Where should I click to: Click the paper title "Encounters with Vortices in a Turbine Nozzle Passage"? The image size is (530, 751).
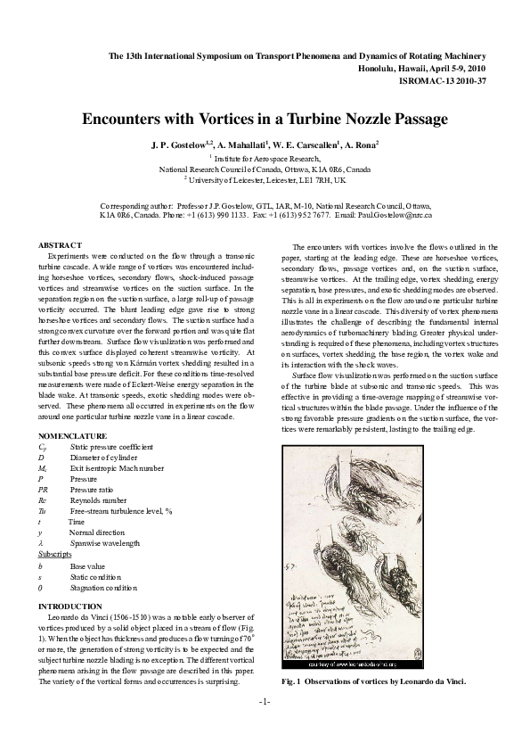pos(265,119)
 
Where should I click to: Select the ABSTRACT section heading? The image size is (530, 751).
pos(60,245)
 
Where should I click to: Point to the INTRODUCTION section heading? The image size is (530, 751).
pos(70,606)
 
